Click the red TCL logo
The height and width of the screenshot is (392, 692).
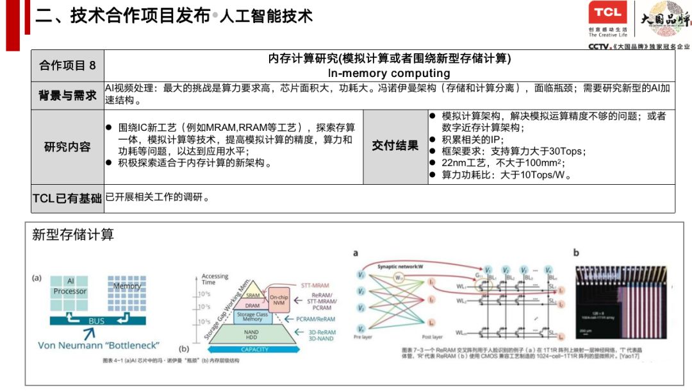pos(606,13)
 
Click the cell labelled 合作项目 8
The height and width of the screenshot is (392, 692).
pos(67,65)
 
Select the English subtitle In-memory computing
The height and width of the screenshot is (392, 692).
pos(389,73)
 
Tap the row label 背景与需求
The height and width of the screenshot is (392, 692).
pos(67,96)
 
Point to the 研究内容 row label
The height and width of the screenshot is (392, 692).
pos(67,146)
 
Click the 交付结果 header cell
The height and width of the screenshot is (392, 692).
pos(395,146)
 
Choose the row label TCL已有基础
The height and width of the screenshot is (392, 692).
pos(67,198)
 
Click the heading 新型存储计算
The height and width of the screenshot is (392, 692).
pos(73,235)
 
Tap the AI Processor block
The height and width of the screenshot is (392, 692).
pos(70,287)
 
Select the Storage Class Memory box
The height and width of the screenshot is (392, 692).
pos(252,317)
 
